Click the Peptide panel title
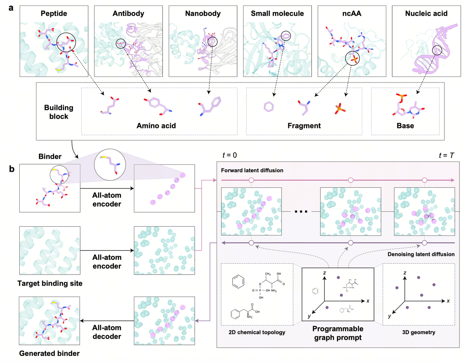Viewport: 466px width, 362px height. [54, 13]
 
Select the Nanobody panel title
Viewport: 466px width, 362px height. [203, 13]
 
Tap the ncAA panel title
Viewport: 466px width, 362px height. [352, 13]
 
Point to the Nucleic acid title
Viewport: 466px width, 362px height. [426, 13]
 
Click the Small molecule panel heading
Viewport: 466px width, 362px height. [277, 13]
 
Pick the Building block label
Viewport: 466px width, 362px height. [59, 112]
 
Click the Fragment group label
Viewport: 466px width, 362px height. [304, 126]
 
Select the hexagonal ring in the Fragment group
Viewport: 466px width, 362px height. [268, 107]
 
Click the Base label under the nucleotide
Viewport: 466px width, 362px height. [405, 126]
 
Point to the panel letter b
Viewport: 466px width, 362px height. [12, 169]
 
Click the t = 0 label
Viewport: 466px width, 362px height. [230, 155]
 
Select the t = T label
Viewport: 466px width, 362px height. [447, 155]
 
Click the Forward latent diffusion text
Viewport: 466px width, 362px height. [252, 170]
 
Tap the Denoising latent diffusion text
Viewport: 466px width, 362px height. [421, 254]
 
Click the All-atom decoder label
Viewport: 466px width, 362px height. [107, 332]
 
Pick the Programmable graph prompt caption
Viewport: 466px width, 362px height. [338, 333]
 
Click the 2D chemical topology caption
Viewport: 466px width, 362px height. [257, 332]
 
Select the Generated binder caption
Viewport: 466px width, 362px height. [50, 353]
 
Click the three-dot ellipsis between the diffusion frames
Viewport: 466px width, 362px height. [301, 211]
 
